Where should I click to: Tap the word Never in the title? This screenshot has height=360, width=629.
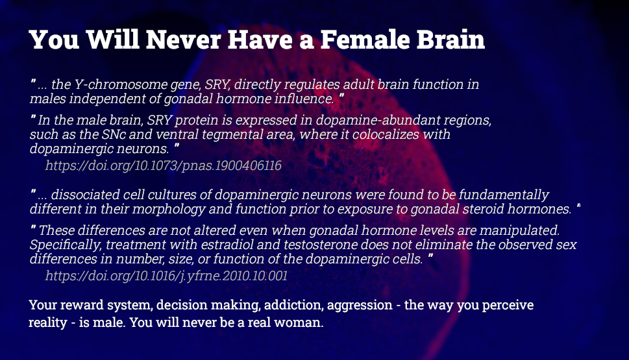[x=183, y=40]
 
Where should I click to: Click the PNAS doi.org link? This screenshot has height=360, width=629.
[x=164, y=165]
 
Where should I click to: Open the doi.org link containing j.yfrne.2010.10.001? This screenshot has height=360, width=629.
[x=166, y=276]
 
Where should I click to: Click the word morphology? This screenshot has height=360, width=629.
[x=169, y=210]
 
